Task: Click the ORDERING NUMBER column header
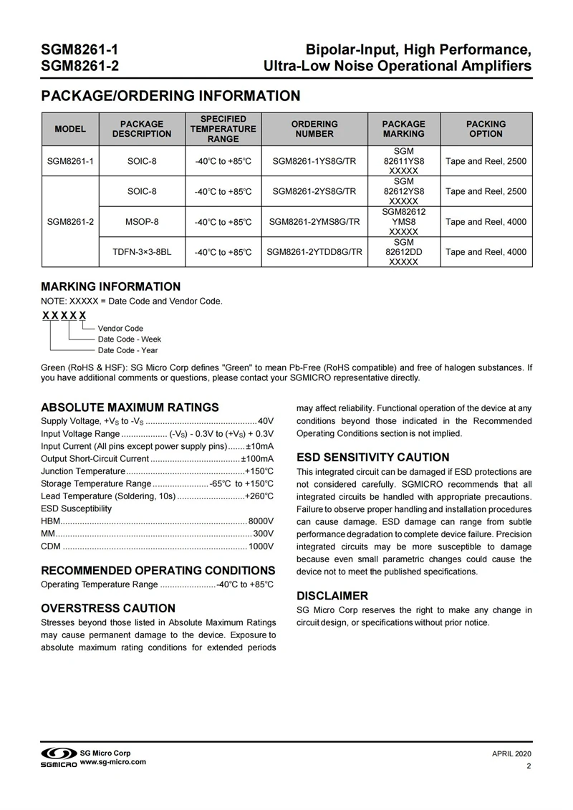point(314,129)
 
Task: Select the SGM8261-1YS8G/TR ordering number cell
point(314,161)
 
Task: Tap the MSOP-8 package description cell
point(142,222)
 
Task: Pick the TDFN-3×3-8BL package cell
point(142,252)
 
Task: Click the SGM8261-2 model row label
point(70,222)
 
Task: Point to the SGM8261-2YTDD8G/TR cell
point(314,252)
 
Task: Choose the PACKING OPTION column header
point(486,129)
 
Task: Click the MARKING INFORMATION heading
point(110,286)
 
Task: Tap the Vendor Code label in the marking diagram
point(120,329)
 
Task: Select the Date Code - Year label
point(127,350)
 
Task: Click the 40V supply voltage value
point(266,420)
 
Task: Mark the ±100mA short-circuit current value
point(258,458)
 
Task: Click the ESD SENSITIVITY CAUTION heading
point(373,457)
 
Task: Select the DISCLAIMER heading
point(332,595)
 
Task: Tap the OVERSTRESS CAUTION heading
point(108,609)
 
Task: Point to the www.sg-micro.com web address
point(113,762)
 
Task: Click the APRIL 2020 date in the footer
point(511,755)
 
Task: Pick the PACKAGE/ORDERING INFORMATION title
point(170,96)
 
